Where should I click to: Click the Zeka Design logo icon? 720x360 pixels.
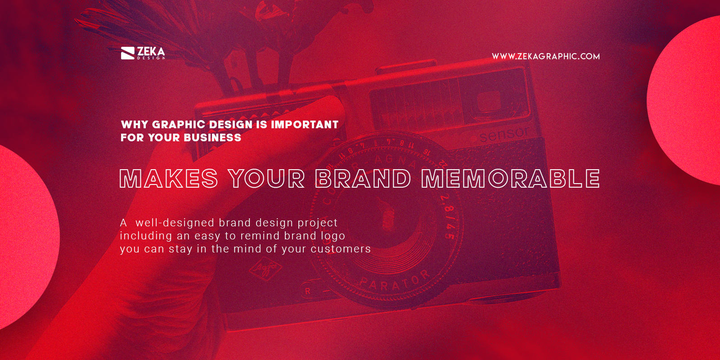[x=128, y=53]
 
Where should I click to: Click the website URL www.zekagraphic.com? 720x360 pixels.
[x=545, y=56]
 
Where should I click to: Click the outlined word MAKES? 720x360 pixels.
[x=169, y=179]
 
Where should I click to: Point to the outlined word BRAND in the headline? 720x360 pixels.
[x=363, y=179]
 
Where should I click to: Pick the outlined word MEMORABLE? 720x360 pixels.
[x=510, y=179]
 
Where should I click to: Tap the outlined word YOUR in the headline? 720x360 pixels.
[x=266, y=179]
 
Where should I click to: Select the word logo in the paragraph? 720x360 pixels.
[x=333, y=236]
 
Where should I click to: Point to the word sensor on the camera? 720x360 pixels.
[x=504, y=134]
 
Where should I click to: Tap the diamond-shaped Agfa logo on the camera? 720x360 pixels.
[x=265, y=270]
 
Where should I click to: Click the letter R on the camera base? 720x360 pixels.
[x=308, y=292]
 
